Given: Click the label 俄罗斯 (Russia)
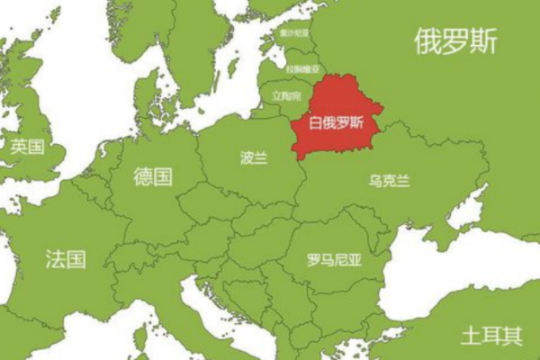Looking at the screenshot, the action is (x=455, y=40).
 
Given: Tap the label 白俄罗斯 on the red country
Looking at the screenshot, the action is (x=337, y=123).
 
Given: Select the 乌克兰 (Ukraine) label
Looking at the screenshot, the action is (x=389, y=181).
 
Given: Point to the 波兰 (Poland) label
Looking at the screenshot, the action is (x=254, y=157).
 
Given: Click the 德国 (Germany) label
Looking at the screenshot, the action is (x=152, y=175).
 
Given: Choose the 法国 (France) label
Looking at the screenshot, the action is (x=66, y=260).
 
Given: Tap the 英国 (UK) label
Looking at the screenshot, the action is (x=27, y=146).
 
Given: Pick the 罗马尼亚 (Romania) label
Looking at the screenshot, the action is (x=333, y=261).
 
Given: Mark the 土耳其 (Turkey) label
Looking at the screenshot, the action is (x=491, y=336).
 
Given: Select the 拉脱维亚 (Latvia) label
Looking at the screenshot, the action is (x=301, y=67).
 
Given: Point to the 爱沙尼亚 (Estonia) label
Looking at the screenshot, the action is (x=293, y=33).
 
